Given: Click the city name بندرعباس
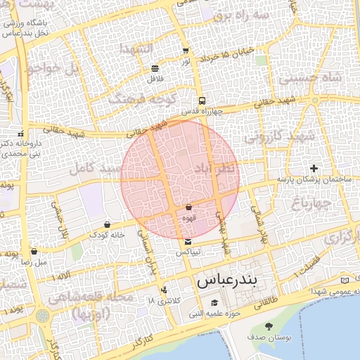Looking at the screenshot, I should click(227, 280).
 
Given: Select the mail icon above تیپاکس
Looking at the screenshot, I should click(188, 242).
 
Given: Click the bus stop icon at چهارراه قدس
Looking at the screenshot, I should click(202, 101).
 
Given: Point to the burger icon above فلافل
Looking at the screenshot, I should click(155, 68).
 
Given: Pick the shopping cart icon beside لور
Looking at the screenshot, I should click(186, 51).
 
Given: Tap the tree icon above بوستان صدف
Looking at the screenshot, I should click(269, 326).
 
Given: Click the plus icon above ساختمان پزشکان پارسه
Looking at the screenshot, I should click(314, 168).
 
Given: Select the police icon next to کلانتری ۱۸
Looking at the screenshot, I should click(164, 290).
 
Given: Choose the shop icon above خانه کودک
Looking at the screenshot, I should click(107, 224).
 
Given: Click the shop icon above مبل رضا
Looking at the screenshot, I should click(34, 251).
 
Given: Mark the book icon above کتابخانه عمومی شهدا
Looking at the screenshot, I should click(344, 280).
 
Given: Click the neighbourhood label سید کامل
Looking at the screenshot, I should click(92, 169).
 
